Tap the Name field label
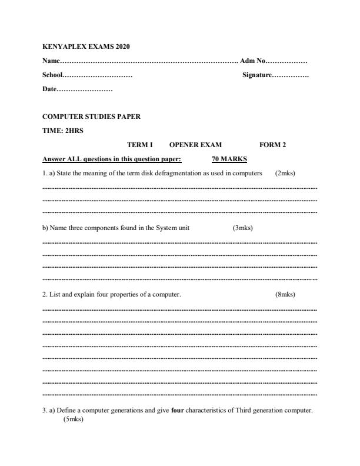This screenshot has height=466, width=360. [x=51, y=61]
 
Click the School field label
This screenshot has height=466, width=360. [x=52, y=75]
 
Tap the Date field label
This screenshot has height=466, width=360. [x=49, y=89]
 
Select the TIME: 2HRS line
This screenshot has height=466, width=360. [x=63, y=131]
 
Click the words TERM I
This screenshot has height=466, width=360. [x=140, y=145]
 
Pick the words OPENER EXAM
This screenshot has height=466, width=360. [x=195, y=145]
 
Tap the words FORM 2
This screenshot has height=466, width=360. [x=272, y=145]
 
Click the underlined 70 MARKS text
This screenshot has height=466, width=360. [x=229, y=159]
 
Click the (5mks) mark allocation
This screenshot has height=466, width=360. [x=74, y=421]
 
